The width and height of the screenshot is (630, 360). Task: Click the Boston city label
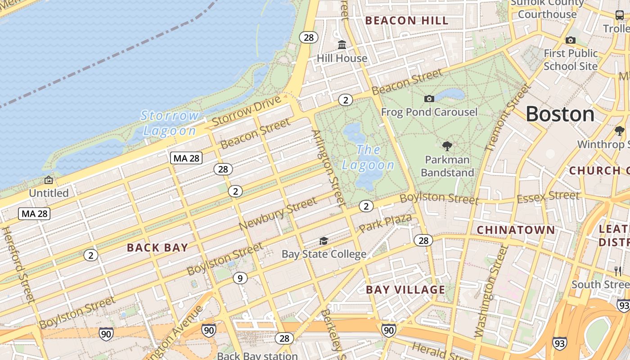(560, 114)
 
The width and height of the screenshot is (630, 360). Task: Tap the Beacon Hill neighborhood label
(407, 21)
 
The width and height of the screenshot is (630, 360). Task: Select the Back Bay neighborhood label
(157, 247)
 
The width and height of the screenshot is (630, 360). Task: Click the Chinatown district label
(516, 230)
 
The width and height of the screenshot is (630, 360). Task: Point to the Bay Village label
(405, 290)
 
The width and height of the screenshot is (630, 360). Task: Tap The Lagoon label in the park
(368, 157)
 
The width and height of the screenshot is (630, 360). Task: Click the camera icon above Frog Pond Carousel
(429, 99)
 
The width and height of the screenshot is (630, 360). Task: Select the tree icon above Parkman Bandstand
(447, 146)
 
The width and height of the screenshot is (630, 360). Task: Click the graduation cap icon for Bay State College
(324, 241)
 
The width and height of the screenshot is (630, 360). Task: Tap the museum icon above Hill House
(342, 45)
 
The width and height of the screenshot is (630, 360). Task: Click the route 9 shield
(240, 279)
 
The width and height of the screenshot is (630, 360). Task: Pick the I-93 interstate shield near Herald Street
(560, 343)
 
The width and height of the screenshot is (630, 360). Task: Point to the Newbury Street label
(278, 214)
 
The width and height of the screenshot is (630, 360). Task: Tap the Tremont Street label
(508, 118)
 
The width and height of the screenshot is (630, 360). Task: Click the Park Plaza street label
(385, 223)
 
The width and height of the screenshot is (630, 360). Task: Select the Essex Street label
(548, 197)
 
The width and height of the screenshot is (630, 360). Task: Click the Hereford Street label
(18, 264)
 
